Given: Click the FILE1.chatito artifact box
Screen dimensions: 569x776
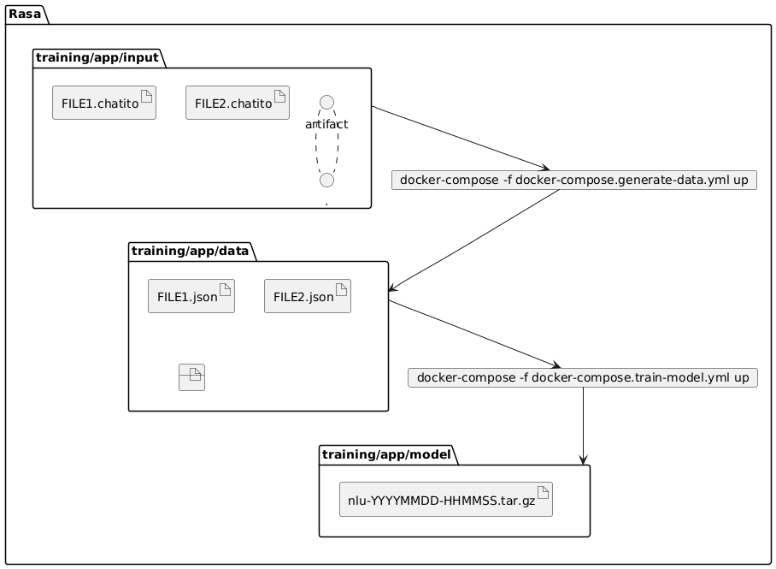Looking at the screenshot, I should click(103, 103).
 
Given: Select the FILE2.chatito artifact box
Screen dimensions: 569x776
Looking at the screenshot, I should click(238, 103).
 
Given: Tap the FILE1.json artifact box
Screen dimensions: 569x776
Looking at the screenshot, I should click(191, 296).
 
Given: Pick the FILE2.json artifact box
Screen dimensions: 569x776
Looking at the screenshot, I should click(308, 296).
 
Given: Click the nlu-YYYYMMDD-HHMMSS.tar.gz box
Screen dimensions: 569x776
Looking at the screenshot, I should click(446, 500).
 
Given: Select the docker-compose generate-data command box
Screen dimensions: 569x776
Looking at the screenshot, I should click(573, 181).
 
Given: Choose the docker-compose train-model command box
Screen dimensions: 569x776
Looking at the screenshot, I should click(583, 377).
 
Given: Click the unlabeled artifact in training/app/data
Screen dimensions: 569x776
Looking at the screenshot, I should click(192, 377).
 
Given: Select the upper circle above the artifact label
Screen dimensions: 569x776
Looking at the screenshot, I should click(326, 100).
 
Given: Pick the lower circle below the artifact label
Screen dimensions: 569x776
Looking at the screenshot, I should click(326, 180).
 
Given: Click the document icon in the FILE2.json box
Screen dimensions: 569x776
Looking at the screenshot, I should click(341, 290).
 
